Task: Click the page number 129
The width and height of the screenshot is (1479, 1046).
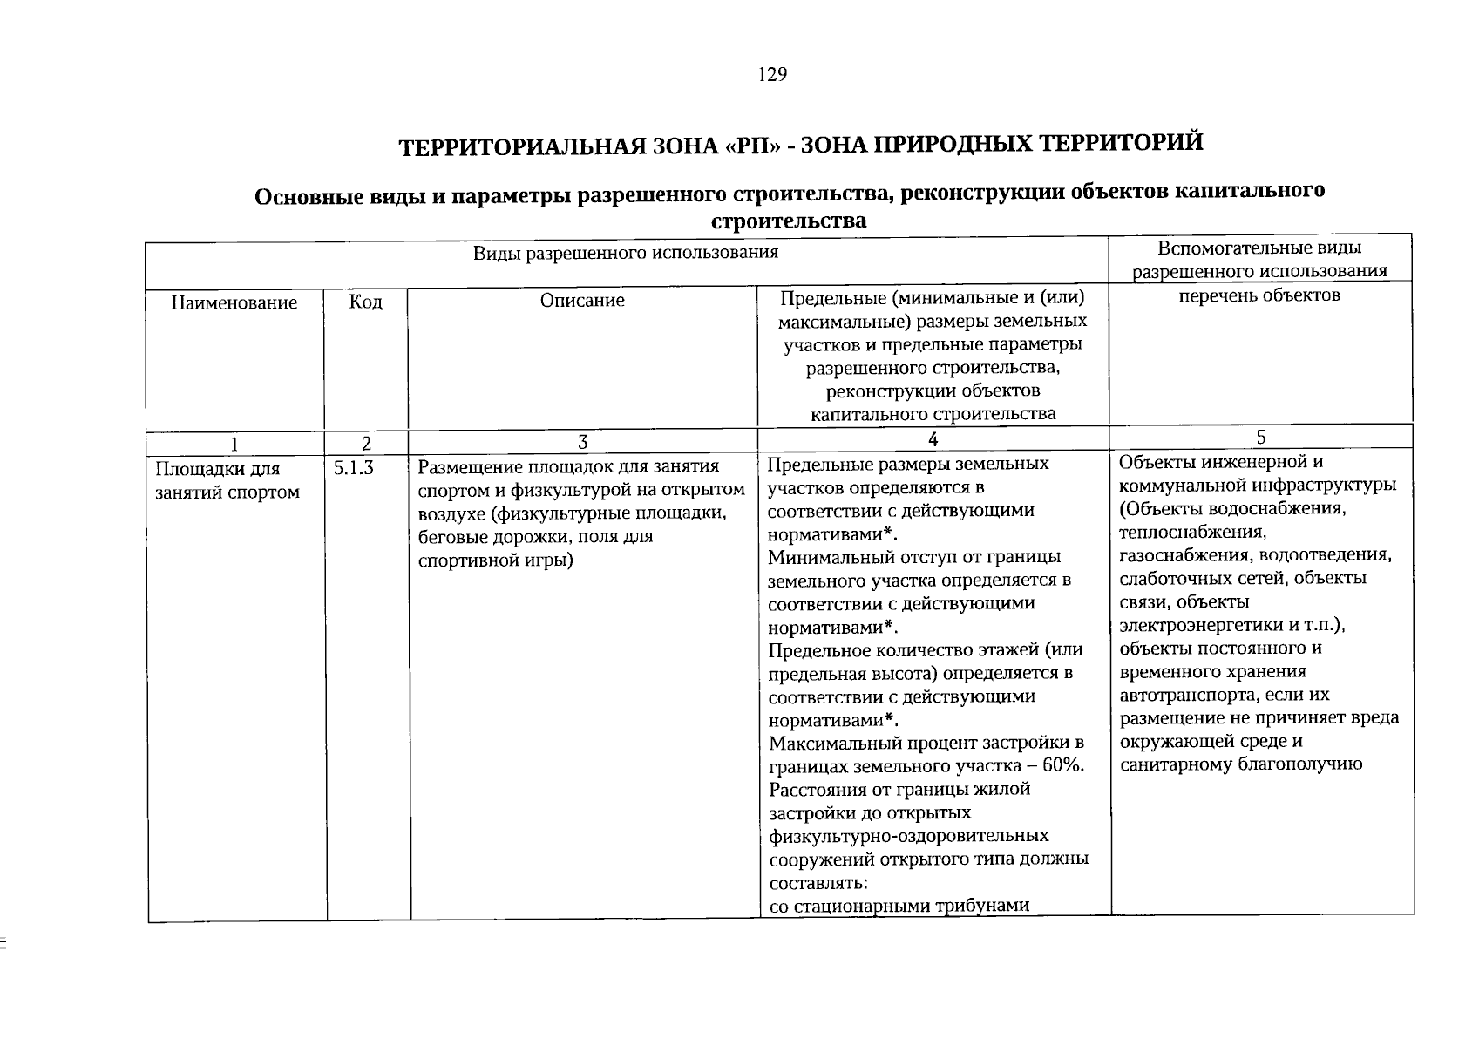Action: pos(772,75)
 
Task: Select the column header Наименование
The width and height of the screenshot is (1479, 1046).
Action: pos(234,302)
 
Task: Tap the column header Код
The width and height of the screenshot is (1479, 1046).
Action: pos(365,302)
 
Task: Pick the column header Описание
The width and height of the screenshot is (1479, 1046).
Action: pos(582,301)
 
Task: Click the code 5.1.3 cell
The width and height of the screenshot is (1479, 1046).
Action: pos(353,469)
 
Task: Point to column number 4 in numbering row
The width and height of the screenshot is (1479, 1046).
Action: pos(933,439)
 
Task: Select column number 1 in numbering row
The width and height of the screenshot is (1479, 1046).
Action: pos(234,444)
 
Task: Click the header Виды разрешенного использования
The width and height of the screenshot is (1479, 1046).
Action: pos(625,253)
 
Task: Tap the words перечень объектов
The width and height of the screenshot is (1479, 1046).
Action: pos(1259,295)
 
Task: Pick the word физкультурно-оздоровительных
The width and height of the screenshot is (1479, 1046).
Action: pos(909,836)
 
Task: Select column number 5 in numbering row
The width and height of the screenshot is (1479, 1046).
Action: pos(1261,437)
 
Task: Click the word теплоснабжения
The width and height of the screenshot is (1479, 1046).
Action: pos(1191,532)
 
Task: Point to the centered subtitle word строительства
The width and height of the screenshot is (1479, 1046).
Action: pos(789,221)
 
